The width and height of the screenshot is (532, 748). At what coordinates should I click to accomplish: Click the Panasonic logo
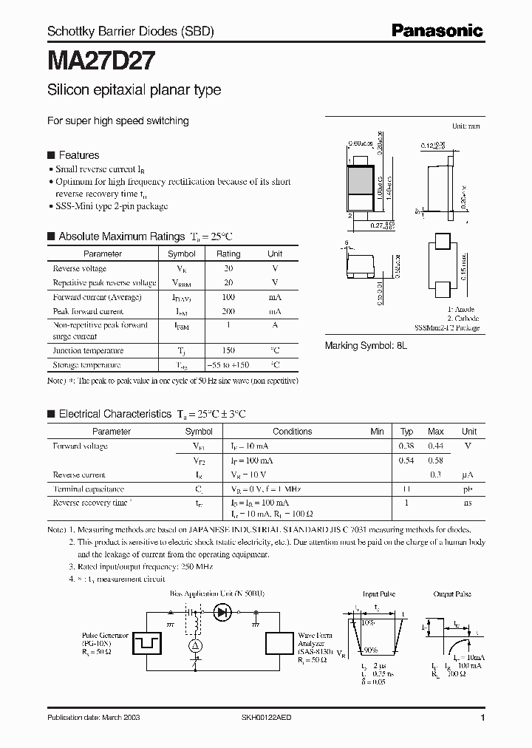tap(437, 30)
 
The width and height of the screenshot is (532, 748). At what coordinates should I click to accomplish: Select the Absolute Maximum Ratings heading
tap(121, 237)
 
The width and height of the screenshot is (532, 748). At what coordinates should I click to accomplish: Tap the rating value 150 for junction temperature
tap(228, 350)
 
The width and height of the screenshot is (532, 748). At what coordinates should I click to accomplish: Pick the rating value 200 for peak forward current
tap(228, 311)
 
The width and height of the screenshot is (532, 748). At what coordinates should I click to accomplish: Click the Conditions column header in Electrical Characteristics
tap(293, 432)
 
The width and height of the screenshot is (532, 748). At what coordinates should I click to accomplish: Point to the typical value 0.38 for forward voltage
tap(406, 446)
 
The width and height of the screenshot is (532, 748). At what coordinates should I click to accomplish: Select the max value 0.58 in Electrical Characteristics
tap(436, 460)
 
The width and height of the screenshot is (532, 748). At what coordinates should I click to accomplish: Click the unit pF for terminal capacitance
tap(468, 489)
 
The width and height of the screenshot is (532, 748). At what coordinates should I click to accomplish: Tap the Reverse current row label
tap(79, 475)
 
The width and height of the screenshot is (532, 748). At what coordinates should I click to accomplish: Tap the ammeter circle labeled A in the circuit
tap(197, 645)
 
